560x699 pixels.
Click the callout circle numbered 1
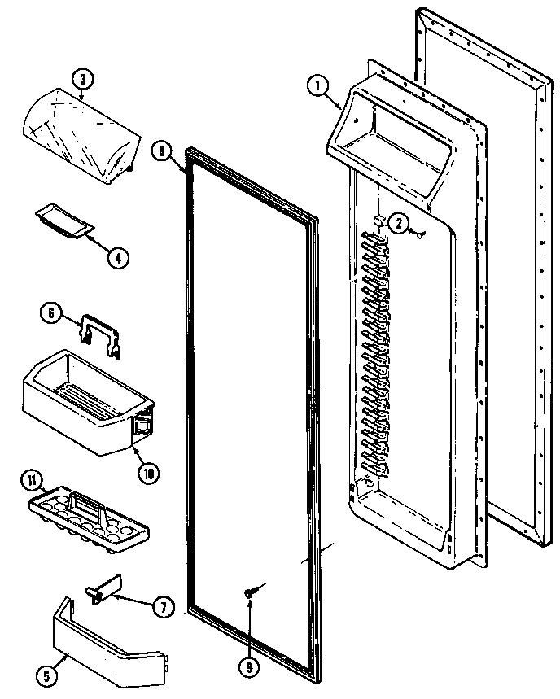317,85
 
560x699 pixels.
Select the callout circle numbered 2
399,222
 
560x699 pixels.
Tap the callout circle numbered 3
83,79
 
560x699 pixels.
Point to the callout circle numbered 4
117,258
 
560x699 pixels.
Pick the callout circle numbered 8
162,150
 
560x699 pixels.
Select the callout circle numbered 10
150,473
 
